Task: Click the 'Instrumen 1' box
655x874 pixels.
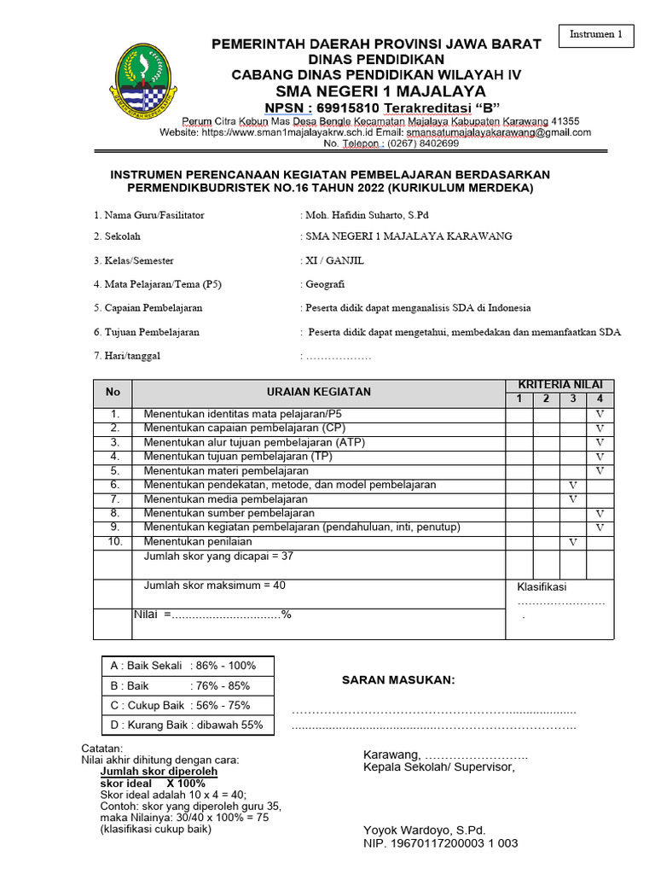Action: pos(596,35)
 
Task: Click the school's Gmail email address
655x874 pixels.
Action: pos(498,132)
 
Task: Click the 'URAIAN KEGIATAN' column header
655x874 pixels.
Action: pos(318,392)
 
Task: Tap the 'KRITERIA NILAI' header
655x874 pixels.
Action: pos(559,386)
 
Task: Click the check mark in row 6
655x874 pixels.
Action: pos(573,485)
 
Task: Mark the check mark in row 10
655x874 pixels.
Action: pos(573,542)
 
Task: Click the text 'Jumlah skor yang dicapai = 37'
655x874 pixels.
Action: pos(218,556)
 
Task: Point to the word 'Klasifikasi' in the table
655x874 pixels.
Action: pos(542,586)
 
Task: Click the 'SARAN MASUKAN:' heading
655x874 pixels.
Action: pos(398,680)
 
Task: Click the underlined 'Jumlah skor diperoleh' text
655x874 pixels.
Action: pos(159,771)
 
